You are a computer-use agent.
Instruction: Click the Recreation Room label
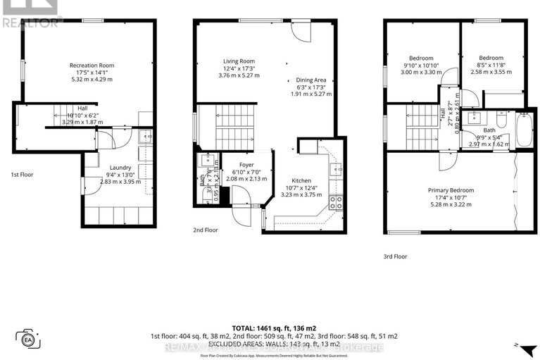click(x=92, y=66)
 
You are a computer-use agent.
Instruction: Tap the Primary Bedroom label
click(x=451, y=190)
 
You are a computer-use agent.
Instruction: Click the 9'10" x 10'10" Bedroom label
click(x=423, y=58)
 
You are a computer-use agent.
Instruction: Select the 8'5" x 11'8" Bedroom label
click(x=491, y=58)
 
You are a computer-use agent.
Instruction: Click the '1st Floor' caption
click(x=23, y=174)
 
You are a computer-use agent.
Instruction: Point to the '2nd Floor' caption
click(x=205, y=230)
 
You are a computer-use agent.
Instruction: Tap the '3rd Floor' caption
click(x=395, y=257)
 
